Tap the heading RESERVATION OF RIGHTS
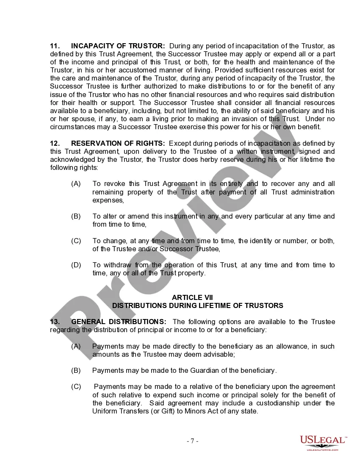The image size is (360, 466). [118, 144]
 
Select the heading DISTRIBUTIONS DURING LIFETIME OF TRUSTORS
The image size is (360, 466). [198, 305]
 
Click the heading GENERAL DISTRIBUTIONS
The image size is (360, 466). [119, 322]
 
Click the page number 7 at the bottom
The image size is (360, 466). [193, 441]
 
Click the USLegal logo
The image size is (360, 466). [322, 442]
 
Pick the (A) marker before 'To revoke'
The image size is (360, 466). [76, 184]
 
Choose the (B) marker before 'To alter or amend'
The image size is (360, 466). [76, 216]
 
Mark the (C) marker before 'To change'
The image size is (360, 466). [76, 241]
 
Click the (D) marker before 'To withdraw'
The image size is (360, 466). [76, 265]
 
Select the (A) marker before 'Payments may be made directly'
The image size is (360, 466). [76, 347]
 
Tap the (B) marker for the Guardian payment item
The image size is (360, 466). [76, 371]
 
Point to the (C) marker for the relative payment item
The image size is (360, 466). [76, 387]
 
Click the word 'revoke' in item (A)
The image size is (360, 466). [114, 184]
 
